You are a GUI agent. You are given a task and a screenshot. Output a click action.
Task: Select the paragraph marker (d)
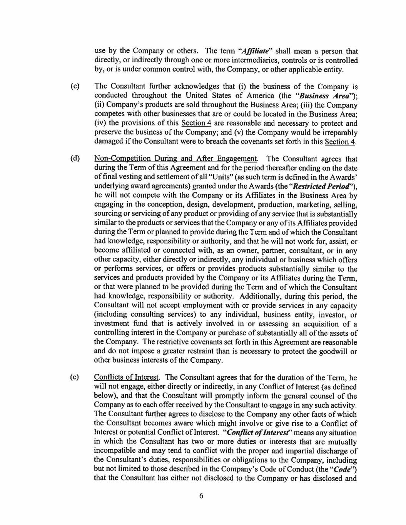coord(75,158)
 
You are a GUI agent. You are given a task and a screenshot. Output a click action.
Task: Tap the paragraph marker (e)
coord(75,377)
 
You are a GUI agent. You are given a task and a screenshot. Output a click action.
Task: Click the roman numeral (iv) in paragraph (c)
coord(101,123)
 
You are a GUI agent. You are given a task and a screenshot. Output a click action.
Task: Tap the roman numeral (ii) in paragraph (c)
coord(100,105)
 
